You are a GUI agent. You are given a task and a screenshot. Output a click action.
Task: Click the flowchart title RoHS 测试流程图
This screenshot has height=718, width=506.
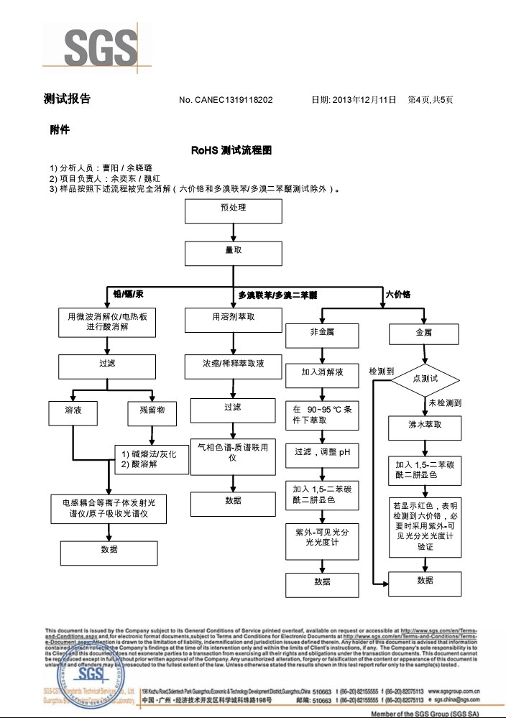pyautogui.click(x=231, y=151)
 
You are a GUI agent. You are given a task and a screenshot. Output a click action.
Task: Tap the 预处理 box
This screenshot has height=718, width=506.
pyautogui.click(x=233, y=211)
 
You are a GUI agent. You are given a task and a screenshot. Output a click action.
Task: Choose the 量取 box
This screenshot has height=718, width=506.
pyautogui.click(x=233, y=254)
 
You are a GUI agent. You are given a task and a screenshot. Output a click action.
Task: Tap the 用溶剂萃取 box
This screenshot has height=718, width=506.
pyautogui.click(x=233, y=320)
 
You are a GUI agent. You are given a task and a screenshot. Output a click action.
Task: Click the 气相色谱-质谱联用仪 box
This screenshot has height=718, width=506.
pyautogui.click(x=233, y=453)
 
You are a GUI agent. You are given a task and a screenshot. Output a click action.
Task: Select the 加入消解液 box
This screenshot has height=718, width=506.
pyautogui.click(x=322, y=374)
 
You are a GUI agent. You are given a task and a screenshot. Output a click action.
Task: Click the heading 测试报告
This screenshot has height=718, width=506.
pyautogui.click(x=67, y=99)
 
